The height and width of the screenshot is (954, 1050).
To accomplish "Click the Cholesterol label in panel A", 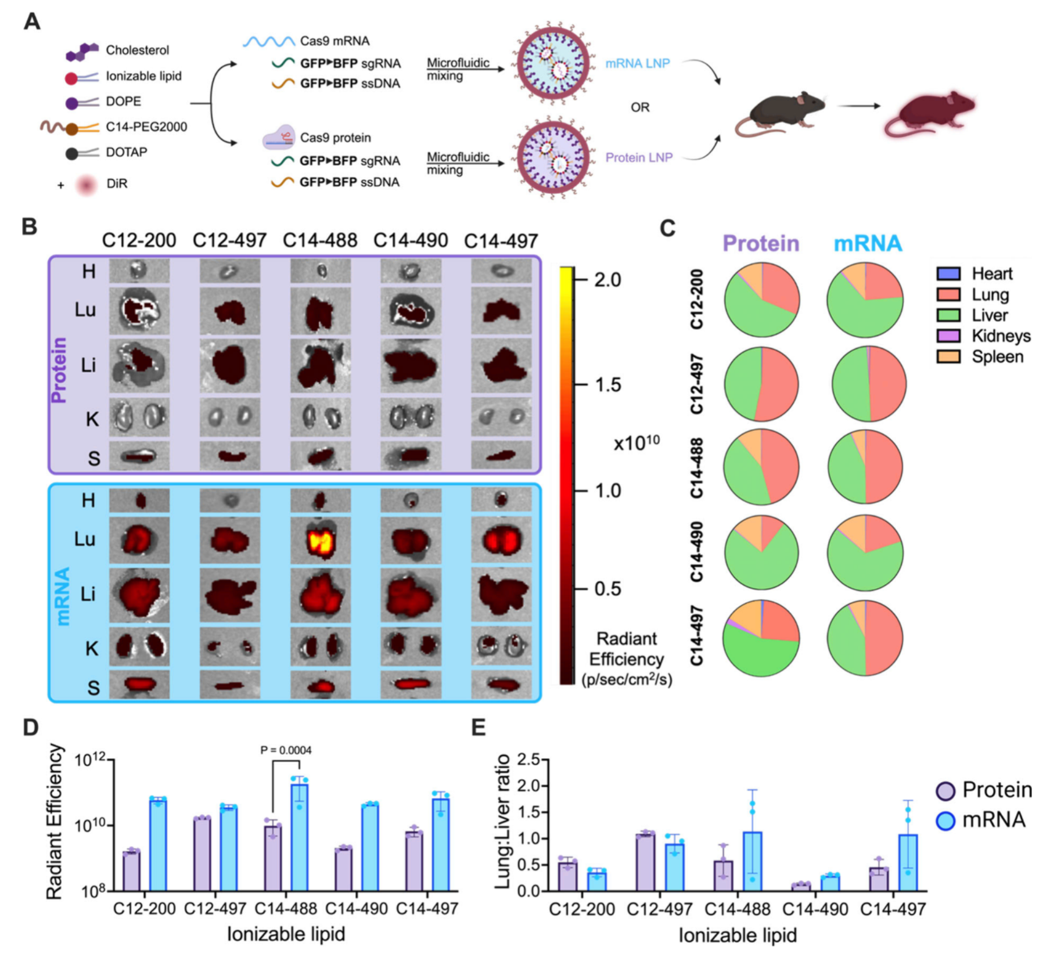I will pyautogui.click(x=137, y=50).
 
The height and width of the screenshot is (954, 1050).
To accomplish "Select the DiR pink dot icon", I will pyautogui.click(x=87, y=185).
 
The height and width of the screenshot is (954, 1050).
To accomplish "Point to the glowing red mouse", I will pyautogui.click(x=929, y=114).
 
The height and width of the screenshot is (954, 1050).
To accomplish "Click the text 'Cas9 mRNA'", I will pyautogui.click(x=335, y=41).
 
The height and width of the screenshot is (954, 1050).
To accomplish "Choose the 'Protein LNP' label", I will pyautogui.click(x=639, y=157).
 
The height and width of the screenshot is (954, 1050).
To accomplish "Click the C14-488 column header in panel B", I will pyautogui.click(x=320, y=240).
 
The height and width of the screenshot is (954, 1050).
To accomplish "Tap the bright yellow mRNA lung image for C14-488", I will pyautogui.click(x=321, y=540).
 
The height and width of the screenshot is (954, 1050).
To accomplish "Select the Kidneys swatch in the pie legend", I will pyautogui.click(x=948, y=336).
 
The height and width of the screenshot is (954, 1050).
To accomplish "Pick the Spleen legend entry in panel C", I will pyautogui.click(x=997, y=357).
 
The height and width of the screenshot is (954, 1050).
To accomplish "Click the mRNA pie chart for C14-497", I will pyautogui.click(x=865, y=638).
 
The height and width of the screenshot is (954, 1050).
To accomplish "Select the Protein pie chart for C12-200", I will pyautogui.click(x=761, y=300).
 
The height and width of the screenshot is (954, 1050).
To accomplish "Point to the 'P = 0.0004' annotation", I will pyautogui.click(x=286, y=750).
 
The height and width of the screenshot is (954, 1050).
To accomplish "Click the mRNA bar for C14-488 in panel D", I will pyautogui.click(x=300, y=837).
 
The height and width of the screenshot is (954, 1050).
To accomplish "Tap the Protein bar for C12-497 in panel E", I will pyautogui.click(x=645, y=862).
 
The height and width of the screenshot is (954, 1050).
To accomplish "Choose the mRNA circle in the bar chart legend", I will pyautogui.click(x=946, y=820).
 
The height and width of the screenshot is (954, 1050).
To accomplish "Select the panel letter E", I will pyautogui.click(x=478, y=728).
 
